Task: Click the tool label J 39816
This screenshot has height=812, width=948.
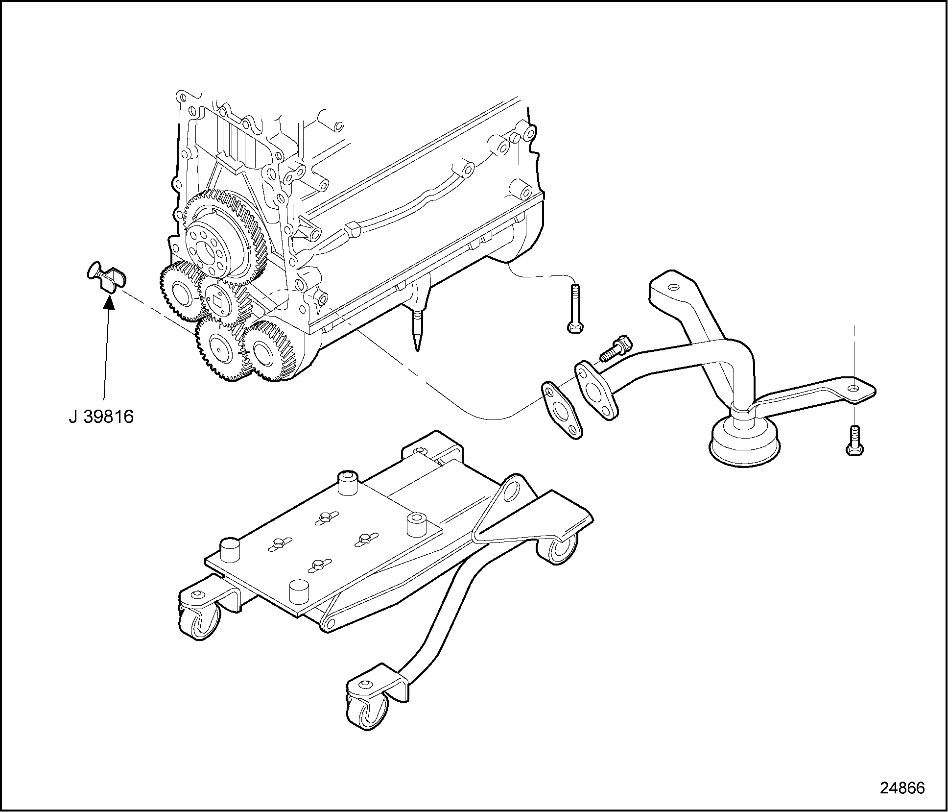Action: click(x=101, y=417)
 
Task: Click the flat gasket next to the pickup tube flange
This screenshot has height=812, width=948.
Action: click(x=562, y=410)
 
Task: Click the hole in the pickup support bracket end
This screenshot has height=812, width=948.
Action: click(x=853, y=388)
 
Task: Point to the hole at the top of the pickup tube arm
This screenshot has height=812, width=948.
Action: click(x=674, y=289)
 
